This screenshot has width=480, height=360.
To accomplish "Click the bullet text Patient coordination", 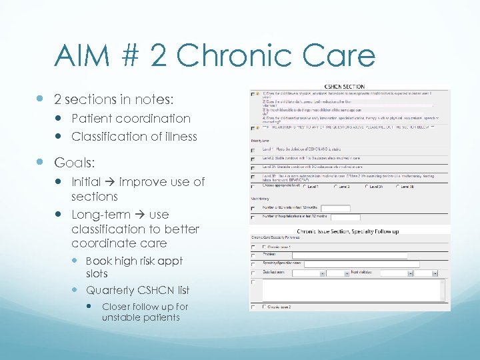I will [131, 118].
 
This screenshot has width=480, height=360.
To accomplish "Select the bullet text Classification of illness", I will [134, 136].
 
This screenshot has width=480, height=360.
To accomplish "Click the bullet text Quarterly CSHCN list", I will [137, 290].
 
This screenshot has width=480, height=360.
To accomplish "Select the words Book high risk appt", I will [134, 261].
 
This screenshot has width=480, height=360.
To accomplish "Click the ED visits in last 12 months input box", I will [335, 208].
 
